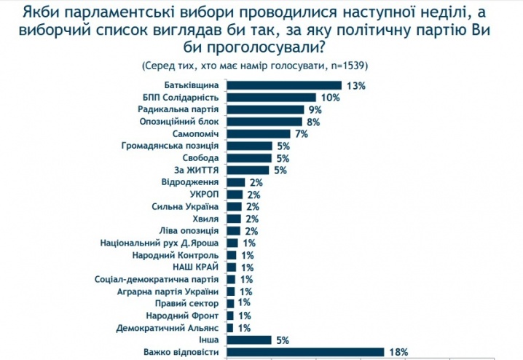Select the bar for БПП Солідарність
[272, 98]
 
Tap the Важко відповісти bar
[305, 352]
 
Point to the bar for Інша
[249, 340]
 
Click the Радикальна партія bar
[265, 109]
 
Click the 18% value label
[398, 352]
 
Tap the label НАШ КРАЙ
[198, 267]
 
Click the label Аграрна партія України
[173, 291]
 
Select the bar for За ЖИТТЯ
[249, 171]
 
